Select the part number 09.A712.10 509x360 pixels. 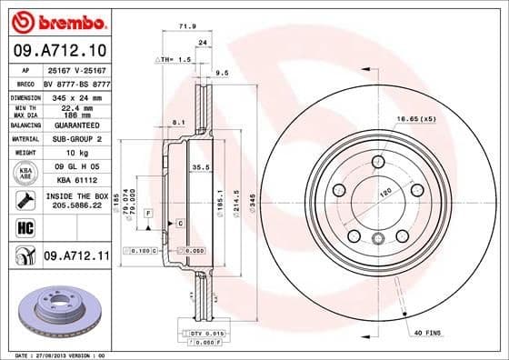(x=60, y=49)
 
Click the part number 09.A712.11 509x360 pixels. (x=76, y=257)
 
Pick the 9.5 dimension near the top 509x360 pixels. (x=222, y=72)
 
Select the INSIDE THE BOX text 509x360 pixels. (x=75, y=196)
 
